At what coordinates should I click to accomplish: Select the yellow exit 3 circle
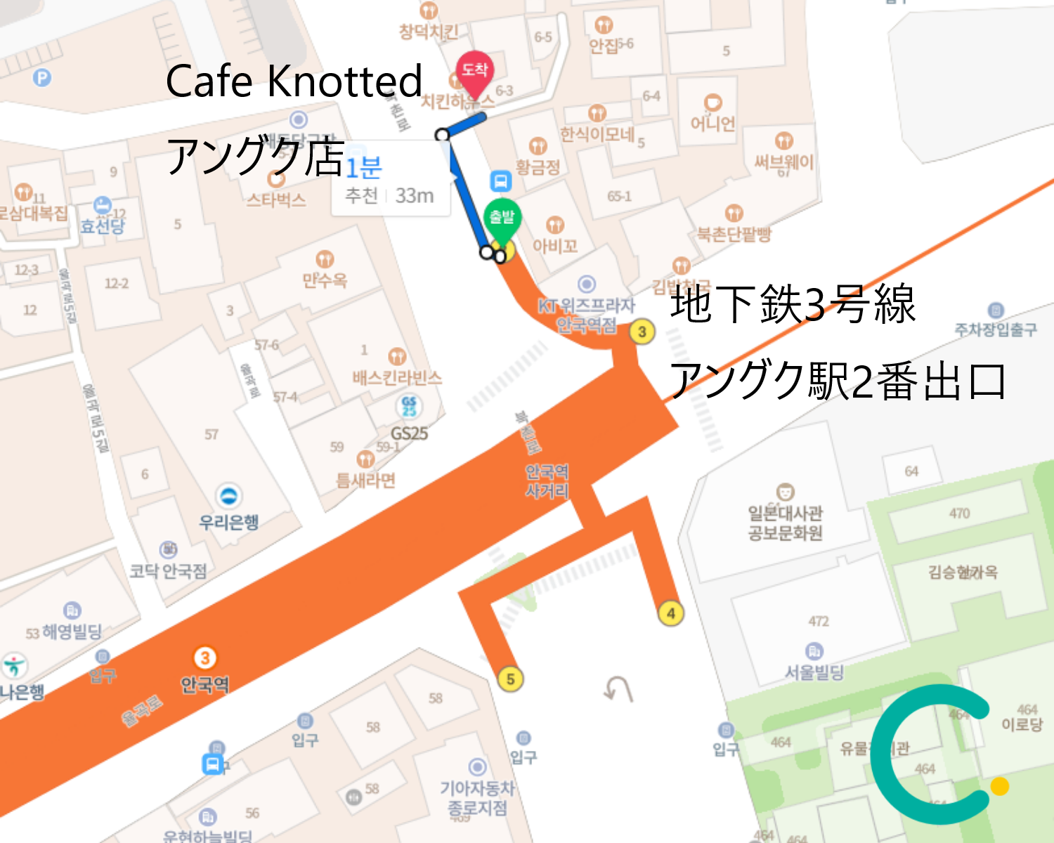(x=642, y=331)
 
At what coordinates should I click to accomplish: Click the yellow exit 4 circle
(x=671, y=613)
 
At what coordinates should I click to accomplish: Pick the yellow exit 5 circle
(x=510, y=679)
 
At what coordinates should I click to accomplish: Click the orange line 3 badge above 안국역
(x=204, y=658)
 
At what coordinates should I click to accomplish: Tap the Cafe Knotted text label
(x=294, y=81)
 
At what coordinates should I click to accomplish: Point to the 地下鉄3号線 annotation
(x=793, y=304)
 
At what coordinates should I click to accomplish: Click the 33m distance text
(x=414, y=195)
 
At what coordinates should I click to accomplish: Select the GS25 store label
(x=409, y=433)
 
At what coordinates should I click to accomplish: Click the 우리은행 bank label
(x=229, y=521)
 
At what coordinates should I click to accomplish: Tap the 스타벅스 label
(x=276, y=200)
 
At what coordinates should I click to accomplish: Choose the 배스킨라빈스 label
(x=397, y=378)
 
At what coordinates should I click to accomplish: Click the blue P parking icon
(x=42, y=77)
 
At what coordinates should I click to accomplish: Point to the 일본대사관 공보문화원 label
(x=785, y=523)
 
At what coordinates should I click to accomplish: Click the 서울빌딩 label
(x=814, y=672)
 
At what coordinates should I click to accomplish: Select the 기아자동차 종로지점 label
(x=478, y=798)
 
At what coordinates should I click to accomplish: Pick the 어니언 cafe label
(x=713, y=124)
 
